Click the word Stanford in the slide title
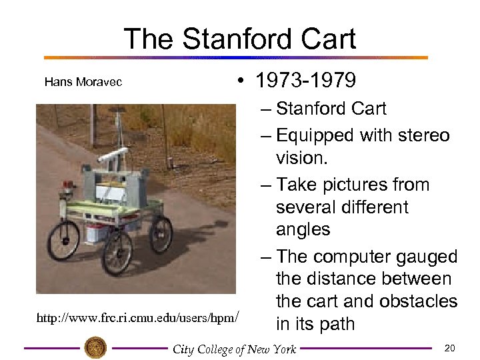coord(239,39)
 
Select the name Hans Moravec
coord(83,82)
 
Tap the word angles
coord(303,229)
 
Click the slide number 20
coord(449,348)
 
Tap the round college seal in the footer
coord(95,347)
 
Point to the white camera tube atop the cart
coord(113,155)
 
